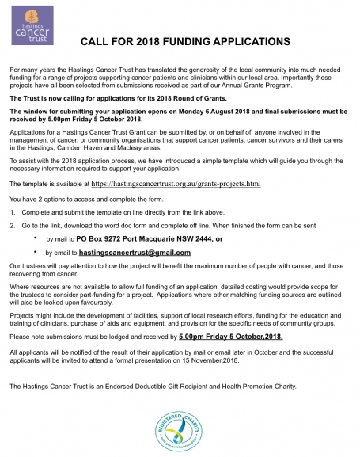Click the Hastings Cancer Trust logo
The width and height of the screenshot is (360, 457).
tap(27, 30)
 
